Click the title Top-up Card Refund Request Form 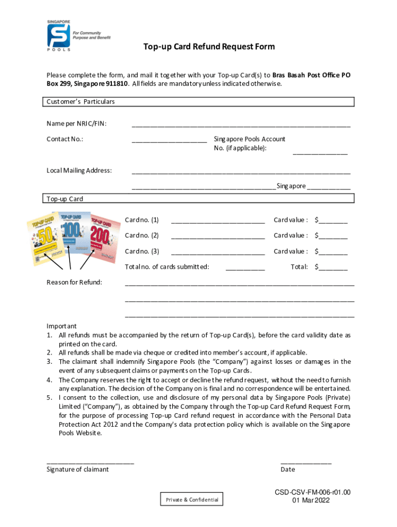[x=209, y=47]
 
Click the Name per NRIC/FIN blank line [x=241, y=125]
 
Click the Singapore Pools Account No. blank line [x=320, y=153]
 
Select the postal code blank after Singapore [x=328, y=188]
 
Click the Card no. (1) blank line [x=218, y=222]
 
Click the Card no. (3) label [x=142, y=252]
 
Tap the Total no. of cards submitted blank [x=245, y=269]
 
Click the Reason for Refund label [x=74, y=282]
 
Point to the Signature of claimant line [x=90, y=463]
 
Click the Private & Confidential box [x=192, y=500]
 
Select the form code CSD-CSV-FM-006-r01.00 [x=313, y=493]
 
